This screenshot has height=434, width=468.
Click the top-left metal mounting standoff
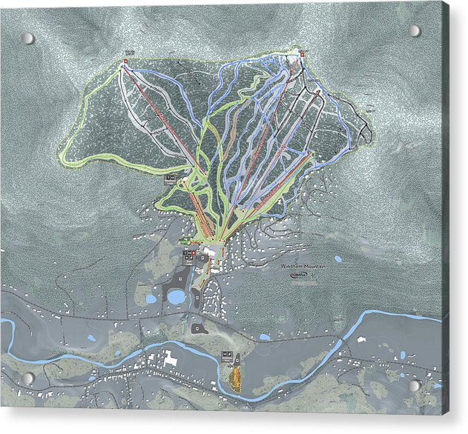point(28,38)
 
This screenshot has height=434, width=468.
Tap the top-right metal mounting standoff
point(415,31)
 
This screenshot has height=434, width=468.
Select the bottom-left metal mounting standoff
point(28,378)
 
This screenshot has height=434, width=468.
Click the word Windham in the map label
point(294,267)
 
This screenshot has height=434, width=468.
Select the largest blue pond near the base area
point(177,297)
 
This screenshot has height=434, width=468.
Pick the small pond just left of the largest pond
point(151,300)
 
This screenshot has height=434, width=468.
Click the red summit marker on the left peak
point(124,63)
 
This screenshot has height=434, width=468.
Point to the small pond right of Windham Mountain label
point(338,259)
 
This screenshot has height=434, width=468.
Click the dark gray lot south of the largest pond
point(197,327)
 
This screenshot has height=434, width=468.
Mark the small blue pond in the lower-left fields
point(90,338)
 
